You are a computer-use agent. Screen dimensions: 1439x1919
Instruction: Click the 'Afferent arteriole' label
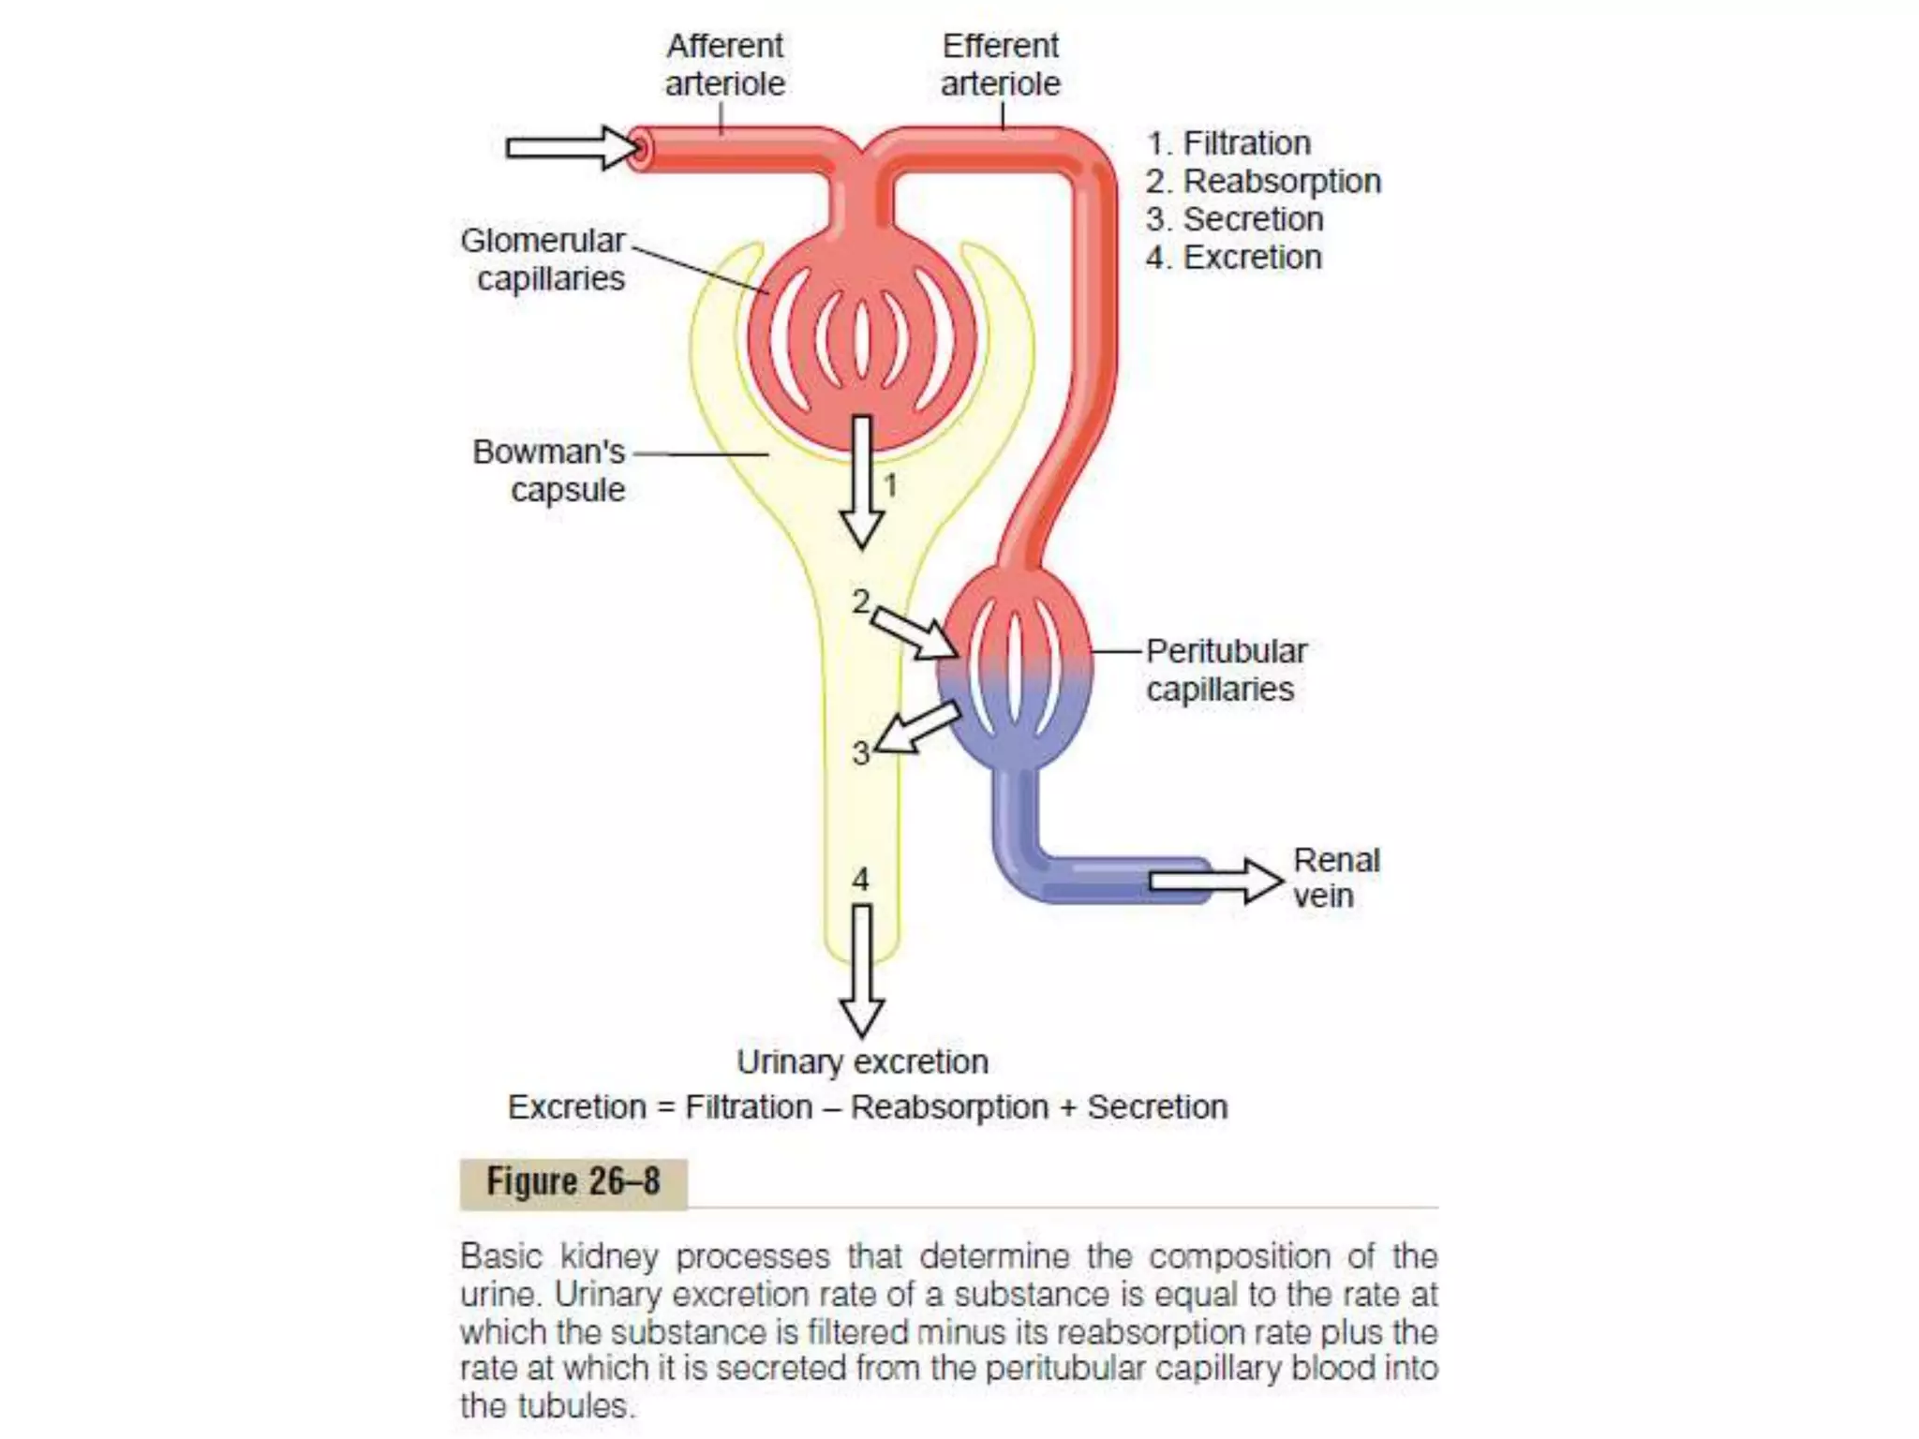pos(724,65)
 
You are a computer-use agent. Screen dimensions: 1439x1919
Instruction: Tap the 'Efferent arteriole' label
pos(1000,65)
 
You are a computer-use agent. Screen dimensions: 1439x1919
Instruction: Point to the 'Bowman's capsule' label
pos(550,470)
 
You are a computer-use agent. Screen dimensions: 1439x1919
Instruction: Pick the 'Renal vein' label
pos(1335,878)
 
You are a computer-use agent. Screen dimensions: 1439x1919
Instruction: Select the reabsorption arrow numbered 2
pos(915,631)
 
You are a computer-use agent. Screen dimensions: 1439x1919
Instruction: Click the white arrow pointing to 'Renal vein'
pos(1214,881)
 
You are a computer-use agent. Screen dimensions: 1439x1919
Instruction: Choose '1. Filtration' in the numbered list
pos(1228,143)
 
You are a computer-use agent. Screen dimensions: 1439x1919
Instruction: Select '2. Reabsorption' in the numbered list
pos(1263,181)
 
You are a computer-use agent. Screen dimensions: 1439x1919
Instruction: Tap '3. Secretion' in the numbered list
pos(1234,219)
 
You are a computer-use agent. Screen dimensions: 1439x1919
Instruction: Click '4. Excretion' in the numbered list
pos(1233,258)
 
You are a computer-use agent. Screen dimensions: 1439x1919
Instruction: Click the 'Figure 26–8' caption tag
pos(573,1182)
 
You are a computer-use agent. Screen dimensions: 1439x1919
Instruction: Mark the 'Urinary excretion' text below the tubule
pos(862,1062)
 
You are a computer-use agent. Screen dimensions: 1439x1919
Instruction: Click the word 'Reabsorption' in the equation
pos(949,1107)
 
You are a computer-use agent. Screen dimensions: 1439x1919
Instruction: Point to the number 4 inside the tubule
pos(860,879)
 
